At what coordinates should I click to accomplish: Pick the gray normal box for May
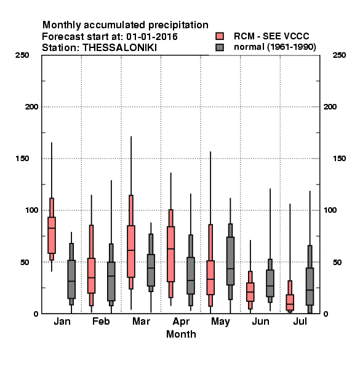point(230,261)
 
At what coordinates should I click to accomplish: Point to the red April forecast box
point(170,254)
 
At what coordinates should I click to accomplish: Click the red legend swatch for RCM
point(220,36)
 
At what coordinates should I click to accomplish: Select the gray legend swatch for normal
point(220,47)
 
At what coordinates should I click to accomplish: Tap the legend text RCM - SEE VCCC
point(271,36)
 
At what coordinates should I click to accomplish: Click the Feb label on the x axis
point(101,321)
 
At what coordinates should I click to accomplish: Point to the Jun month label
point(260,322)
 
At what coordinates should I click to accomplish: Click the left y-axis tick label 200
point(31,107)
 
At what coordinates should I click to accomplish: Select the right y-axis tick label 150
point(339,159)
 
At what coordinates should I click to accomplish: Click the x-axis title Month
point(181,334)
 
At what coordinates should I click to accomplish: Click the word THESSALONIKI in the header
point(119,48)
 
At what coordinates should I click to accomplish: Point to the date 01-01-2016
point(152,37)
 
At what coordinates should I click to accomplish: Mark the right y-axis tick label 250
point(339,55)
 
